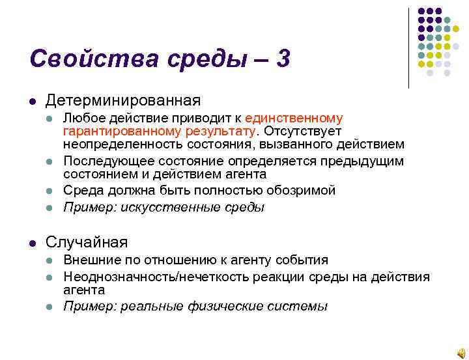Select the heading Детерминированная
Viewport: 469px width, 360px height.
122,100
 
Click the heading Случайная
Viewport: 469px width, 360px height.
86,242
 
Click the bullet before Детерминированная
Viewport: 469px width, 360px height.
31,101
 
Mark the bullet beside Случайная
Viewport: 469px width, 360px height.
31,243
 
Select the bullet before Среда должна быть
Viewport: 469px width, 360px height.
50,191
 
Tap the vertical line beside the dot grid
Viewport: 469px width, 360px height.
409,48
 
